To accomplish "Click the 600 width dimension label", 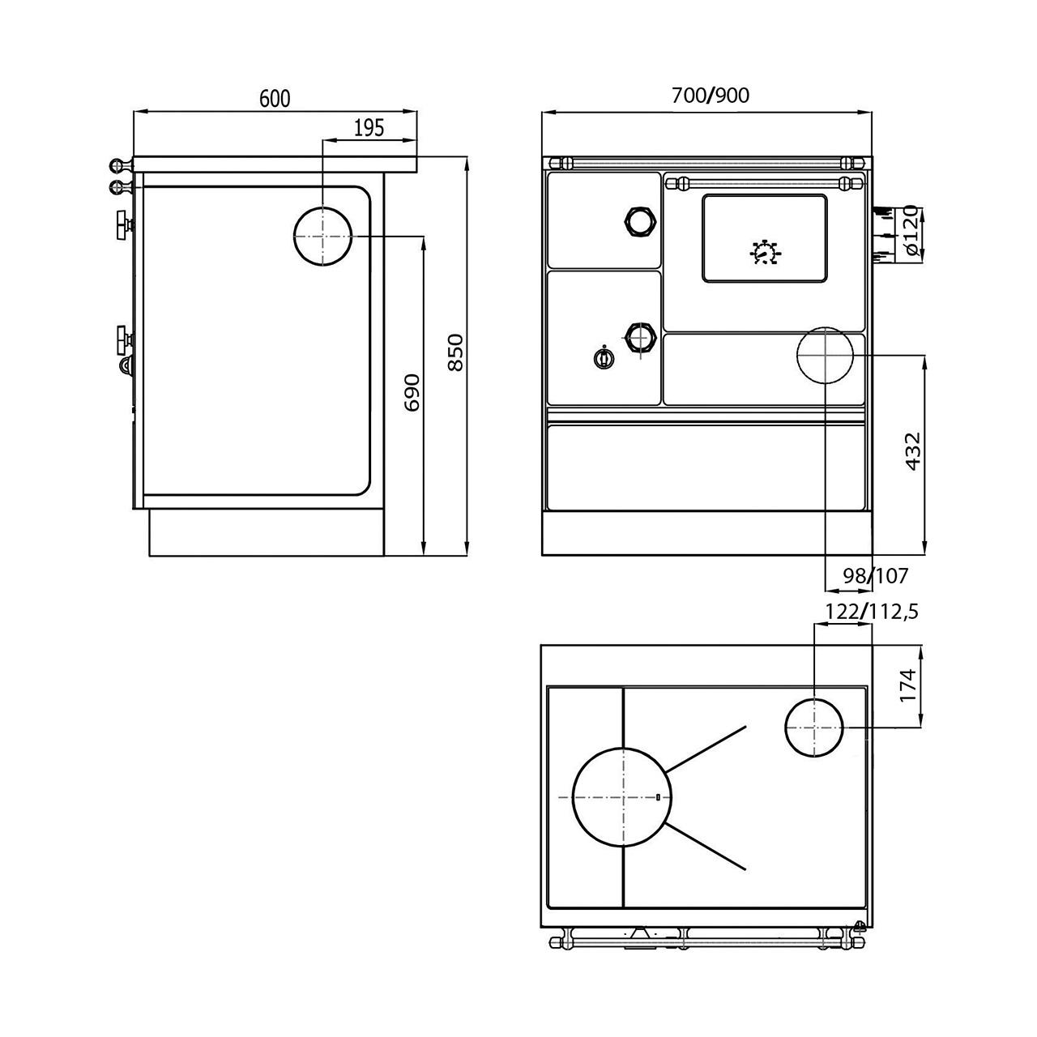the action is coord(275,98).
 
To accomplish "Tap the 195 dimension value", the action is coord(369,127).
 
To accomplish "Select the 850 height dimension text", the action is coord(456,352).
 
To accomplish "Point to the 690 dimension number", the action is coord(412,392).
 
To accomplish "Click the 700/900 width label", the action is coord(711,96).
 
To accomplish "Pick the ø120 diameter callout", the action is coord(910,230).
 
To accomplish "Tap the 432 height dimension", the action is coord(914,450).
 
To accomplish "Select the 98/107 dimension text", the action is coord(876,576).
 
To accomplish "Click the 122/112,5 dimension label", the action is coord(871,612).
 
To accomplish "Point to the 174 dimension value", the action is coord(908,685).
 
